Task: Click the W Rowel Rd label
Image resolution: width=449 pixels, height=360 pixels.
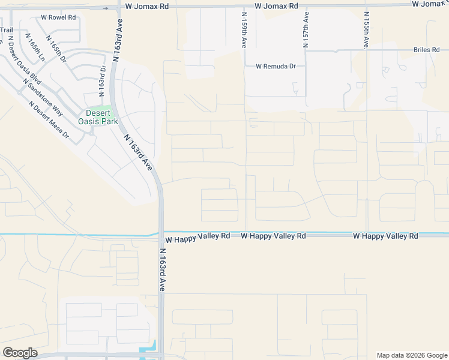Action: point(58,17)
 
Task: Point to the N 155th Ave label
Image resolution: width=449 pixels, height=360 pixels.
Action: point(366,29)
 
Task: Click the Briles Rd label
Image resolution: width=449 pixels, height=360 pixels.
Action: point(426,50)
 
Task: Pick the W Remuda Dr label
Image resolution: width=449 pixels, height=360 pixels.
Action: point(276,67)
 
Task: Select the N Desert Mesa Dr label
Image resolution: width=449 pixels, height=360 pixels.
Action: point(49,119)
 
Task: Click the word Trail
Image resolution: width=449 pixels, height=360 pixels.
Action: point(6,29)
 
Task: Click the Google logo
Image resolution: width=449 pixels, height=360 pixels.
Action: point(20,353)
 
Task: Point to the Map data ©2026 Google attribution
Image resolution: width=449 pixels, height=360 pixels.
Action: point(411,355)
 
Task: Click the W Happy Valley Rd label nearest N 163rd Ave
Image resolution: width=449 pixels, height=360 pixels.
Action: point(197,236)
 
